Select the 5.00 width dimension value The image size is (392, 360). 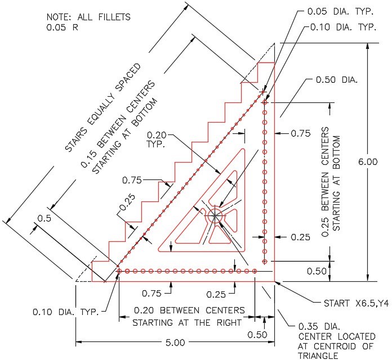175,342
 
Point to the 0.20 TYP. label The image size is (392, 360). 157,139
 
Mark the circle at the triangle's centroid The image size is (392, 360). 215,215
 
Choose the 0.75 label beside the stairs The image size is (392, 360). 132,180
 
